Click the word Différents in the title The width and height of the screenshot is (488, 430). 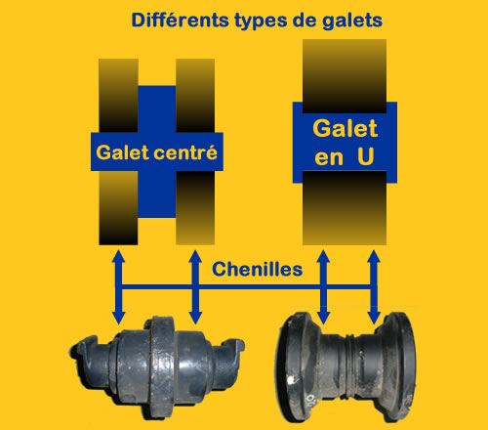click(181, 21)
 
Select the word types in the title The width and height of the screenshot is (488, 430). click(261, 21)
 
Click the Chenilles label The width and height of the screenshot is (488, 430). click(257, 270)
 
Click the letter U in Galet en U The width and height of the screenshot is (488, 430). click(365, 156)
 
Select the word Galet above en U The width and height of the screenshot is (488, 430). click(345, 128)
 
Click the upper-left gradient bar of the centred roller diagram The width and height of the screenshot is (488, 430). click(118, 96)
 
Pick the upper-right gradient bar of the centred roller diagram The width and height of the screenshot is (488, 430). click(195, 96)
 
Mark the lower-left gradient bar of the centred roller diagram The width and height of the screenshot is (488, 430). click(118, 208)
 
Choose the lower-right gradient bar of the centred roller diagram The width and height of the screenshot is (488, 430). click(195, 208)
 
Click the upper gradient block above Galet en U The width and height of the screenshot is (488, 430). click(345, 76)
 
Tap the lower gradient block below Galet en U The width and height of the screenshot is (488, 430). click(345, 208)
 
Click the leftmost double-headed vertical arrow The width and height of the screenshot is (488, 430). click(118, 287)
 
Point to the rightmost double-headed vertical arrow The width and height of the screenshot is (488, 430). click(374, 287)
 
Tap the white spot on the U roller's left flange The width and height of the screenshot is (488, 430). click(291, 379)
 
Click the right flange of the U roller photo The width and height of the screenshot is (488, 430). click(398, 366)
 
